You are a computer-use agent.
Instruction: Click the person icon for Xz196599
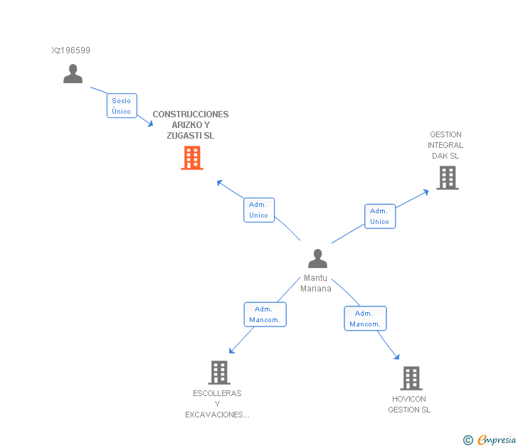73,74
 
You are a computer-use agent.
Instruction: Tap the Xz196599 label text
70,50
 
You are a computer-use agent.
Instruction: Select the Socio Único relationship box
122,106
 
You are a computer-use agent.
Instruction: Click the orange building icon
192,158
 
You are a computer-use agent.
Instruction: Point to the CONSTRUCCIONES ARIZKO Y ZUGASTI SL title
191,124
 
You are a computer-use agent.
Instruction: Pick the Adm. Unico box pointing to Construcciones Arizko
259,210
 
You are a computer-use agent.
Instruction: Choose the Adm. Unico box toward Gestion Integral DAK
380,216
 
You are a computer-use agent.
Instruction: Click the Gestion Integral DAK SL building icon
448,178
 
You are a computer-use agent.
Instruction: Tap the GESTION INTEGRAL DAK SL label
445,145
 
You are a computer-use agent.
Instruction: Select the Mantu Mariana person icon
317,259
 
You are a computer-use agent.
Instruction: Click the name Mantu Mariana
315,283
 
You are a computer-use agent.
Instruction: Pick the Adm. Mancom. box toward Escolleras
265,314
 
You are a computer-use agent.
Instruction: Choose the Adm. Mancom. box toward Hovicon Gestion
366,319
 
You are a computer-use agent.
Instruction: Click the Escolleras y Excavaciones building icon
219,373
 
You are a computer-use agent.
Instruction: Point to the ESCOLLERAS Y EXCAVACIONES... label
217,404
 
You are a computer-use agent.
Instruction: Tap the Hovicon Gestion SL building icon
411,378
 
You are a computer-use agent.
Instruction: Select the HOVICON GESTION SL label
409,404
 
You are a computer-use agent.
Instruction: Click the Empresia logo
490,440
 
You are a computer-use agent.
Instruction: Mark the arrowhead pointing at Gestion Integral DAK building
425,192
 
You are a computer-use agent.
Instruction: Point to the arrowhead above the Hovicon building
397,356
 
